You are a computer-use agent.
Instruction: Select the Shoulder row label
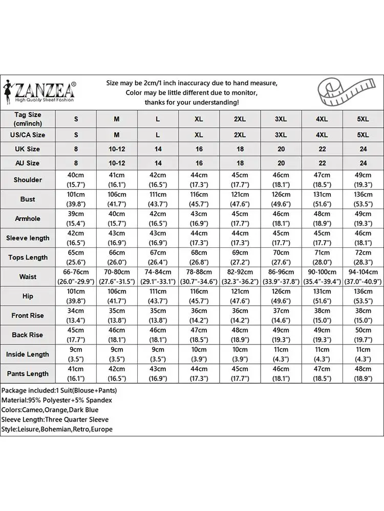(28, 180)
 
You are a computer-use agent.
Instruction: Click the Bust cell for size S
(76, 199)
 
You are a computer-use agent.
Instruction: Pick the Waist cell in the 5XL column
(362, 276)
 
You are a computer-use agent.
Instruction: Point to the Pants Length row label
(28, 374)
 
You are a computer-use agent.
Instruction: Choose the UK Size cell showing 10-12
(117, 149)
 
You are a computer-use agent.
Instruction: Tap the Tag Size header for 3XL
(281, 119)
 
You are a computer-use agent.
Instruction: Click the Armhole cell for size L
(158, 218)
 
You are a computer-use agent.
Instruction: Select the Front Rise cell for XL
(199, 315)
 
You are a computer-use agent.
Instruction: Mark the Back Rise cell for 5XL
(362, 335)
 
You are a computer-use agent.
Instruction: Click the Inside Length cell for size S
(76, 354)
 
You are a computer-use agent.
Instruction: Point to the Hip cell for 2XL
(240, 296)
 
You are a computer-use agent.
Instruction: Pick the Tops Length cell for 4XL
(322, 257)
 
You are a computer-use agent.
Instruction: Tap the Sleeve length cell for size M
(117, 238)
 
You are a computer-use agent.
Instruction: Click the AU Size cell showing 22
(322, 163)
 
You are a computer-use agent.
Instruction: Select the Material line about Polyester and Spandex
(56, 400)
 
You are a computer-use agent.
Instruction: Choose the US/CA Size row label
(28, 135)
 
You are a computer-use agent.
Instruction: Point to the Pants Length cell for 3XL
(281, 374)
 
